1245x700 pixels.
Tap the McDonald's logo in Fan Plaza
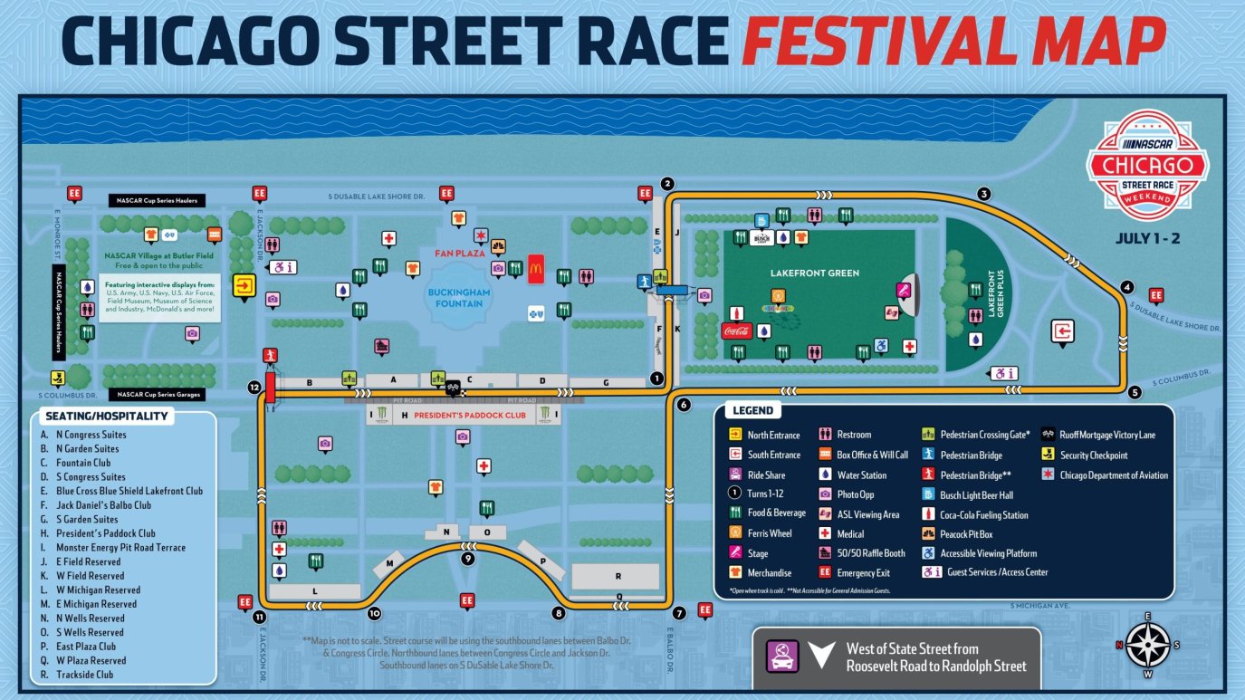(535, 269)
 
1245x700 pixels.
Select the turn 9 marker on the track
(467, 559)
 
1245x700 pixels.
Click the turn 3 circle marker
(983, 193)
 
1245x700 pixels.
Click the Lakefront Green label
(800, 273)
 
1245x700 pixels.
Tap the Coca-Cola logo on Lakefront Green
(736, 331)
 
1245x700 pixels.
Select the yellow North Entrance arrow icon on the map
(244, 286)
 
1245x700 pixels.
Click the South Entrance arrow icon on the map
(1063, 331)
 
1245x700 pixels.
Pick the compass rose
(1147, 644)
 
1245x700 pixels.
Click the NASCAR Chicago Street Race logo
(1147, 166)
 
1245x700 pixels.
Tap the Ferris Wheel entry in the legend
(769, 533)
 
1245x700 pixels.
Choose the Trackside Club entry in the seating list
(84, 675)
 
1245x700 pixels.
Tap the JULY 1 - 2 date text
(1147, 240)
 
